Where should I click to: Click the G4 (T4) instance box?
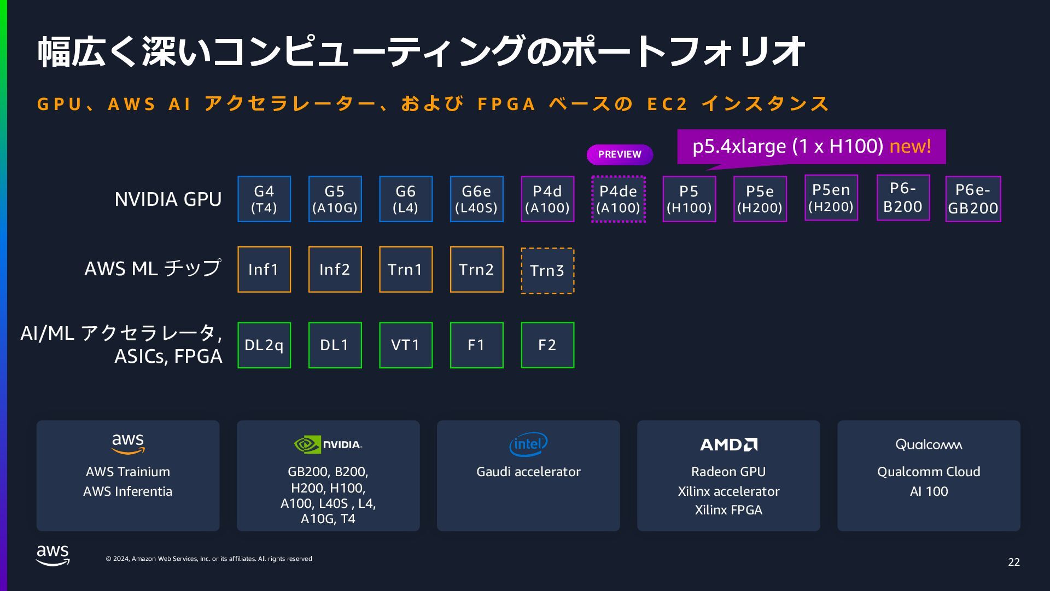click(264, 199)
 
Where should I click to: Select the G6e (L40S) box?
click(476, 199)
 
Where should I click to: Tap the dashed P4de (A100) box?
click(618, 199)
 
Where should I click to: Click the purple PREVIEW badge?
click(620, 154)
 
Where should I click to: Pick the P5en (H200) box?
click(831, 198)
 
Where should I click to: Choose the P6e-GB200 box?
click(973, 199)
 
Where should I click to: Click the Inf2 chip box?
click(335, 269)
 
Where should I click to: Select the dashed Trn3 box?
click(547, 271)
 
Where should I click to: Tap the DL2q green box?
click(264, 345)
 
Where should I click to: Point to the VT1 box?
click(405, 345)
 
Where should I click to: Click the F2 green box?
click(547, 345)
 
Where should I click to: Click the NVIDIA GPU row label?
click(168, 199)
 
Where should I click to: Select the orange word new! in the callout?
click(910, 146)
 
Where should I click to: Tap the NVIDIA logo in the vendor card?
click(328, 444)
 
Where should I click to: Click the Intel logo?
click(528, 444)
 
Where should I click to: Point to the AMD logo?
click(728, 444)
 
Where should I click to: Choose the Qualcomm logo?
click(929, 444)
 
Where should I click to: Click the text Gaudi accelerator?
click(528, 472)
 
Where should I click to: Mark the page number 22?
click(1013, 562)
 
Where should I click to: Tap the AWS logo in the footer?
click(53, 555)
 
